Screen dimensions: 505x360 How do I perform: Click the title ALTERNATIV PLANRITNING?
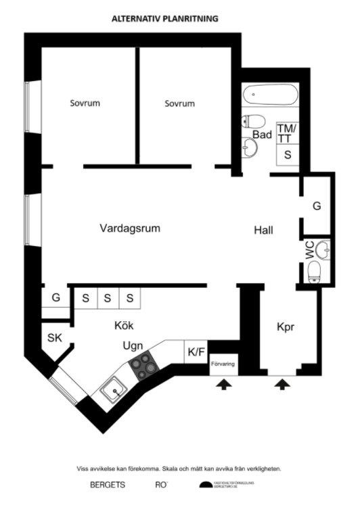point(165,19)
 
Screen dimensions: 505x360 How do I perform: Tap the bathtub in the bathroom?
point(270,95)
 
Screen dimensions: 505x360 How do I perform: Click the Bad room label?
point(263,135)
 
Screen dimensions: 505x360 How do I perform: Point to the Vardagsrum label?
point(130,229)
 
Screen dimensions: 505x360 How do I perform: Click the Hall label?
point(264,231)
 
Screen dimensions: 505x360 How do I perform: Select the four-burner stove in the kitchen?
point(143,366)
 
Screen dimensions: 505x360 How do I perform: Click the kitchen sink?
point(112,390)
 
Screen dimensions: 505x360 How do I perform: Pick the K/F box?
point(196,352)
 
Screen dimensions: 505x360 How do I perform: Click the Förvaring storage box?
point(223,365)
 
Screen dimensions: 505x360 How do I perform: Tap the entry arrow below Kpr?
point(283,384)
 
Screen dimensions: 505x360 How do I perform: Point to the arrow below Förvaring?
point(223,384)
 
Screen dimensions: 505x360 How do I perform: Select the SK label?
point(54,338)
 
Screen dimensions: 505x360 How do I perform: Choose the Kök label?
point(123,326)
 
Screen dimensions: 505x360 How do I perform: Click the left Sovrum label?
point(85,103)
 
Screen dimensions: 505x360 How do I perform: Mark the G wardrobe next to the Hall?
point(316,206)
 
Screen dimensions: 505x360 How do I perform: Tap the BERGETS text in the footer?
point(108,485)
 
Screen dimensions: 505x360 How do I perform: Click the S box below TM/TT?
point(288,155)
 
